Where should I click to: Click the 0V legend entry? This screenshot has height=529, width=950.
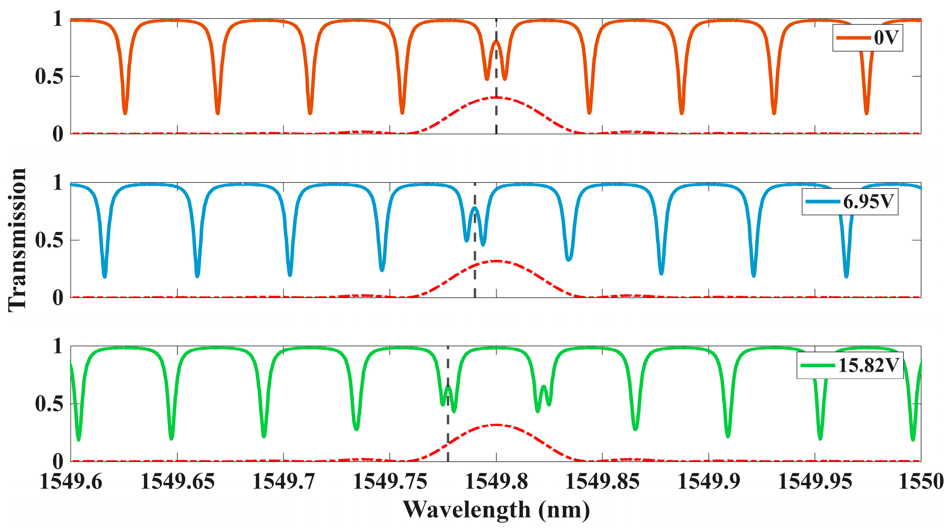tap(867, 38)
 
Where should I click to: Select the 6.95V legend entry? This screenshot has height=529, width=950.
tap(850, 202)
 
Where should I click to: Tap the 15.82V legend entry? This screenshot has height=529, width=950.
tap(850, 365)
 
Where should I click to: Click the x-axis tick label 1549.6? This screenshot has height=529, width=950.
tap(71, 481)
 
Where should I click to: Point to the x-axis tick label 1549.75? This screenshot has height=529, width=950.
tap(390, 481)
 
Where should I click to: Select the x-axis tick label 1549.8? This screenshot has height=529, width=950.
tap(496, 481)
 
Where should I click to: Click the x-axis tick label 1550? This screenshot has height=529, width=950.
tap(921, 481)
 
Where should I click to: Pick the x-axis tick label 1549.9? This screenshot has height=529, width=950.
tap(709, 481)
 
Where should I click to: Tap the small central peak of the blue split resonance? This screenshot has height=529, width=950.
tap(475, 208)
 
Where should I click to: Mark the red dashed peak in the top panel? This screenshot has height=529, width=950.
tap(496, 97)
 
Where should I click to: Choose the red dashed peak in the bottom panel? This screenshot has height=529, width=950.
tap(496, 425)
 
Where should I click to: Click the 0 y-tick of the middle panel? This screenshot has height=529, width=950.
tap(57, 297)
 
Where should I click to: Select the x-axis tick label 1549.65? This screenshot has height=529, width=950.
tap(178, 481)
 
